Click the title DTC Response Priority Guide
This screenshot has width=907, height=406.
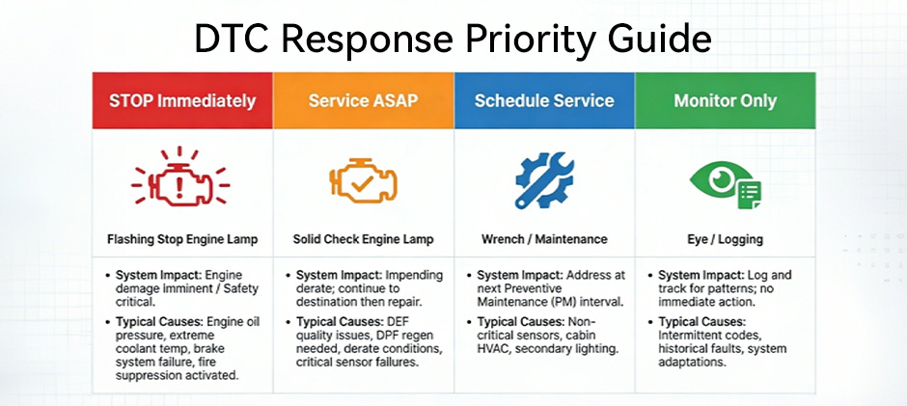(453, 40)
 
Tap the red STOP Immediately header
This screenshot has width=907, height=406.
(182, 100)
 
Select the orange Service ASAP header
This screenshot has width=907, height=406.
(363, 100)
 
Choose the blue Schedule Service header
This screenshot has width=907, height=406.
(544, 100)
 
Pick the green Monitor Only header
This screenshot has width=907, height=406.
(725, 100)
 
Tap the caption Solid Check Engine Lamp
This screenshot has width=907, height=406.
(363, 238)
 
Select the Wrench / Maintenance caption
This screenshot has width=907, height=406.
(543, 238)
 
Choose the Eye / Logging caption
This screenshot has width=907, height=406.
(725, 238)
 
